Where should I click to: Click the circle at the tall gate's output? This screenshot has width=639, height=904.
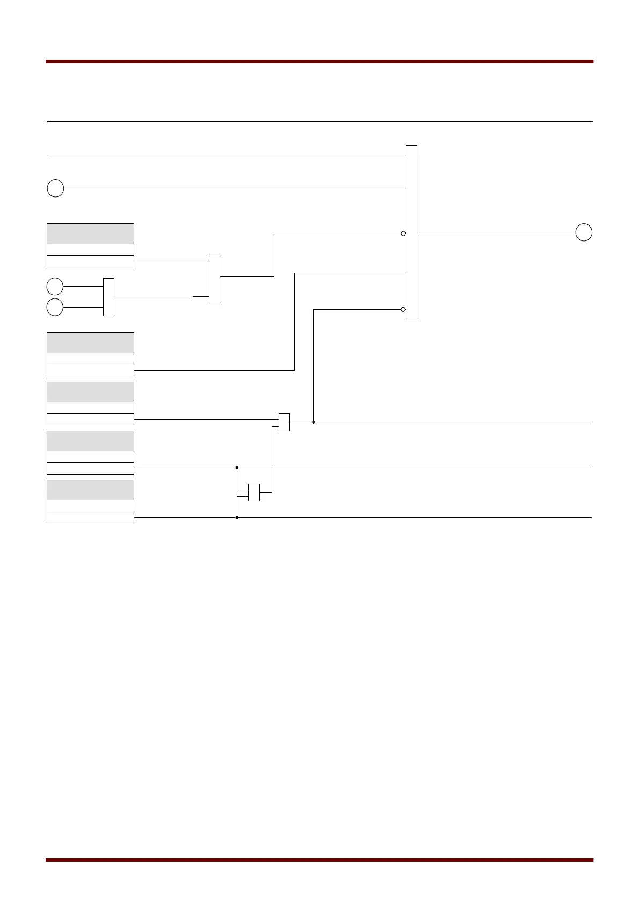pos(584,232)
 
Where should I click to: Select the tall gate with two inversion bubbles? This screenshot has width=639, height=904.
pos(411,232)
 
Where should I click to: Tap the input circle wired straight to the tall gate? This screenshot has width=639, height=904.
pos(55,188)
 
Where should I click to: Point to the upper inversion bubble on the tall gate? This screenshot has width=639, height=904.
pos(403,234)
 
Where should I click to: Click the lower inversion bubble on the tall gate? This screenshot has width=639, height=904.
pos(403,309)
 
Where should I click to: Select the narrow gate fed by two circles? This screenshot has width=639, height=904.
pos(108,297)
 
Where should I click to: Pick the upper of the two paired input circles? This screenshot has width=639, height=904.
pos(55,286)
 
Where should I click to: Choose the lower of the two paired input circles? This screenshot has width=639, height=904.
pos(55,308)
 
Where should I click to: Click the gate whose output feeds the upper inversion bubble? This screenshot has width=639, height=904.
pos(214,278)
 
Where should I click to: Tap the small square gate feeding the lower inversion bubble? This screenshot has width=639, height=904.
pos(284,422)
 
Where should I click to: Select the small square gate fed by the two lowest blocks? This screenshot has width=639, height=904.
pos(254,492)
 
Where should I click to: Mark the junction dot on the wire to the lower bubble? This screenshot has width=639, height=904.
pos(313,422)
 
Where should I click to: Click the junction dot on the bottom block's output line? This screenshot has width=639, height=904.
pos(237,517)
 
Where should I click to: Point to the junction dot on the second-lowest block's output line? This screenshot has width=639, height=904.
pos(237,468)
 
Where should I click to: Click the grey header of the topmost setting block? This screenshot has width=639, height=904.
pos(90,234)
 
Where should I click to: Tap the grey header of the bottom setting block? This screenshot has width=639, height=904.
pos(90,490)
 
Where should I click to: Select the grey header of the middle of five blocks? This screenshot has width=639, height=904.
pos(90,392)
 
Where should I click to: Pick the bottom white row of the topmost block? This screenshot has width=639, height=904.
pos(90,261)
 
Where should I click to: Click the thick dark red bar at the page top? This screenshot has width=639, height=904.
pos(319,62)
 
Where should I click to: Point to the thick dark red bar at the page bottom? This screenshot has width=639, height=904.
pos(319,860)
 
